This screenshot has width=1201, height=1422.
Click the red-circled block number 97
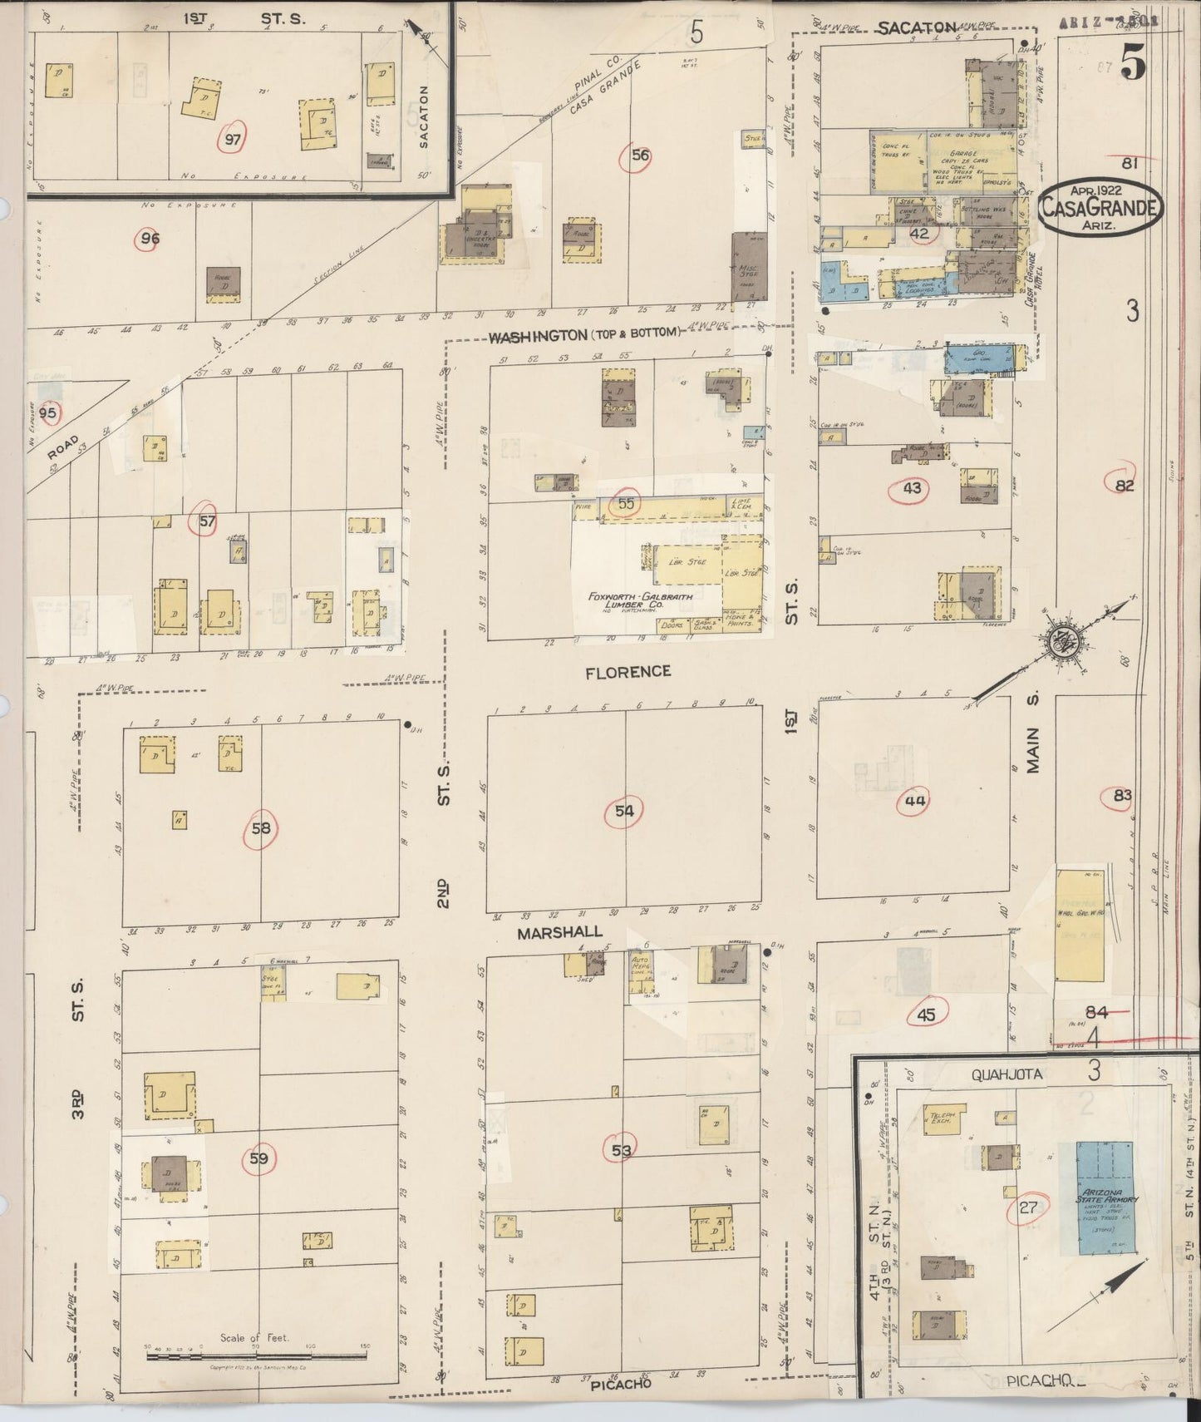[x=233, y=139]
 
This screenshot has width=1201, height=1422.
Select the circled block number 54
[x=624, y=812]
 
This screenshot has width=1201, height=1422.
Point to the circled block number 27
[x=1028, y=1207]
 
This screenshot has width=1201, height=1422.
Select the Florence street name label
[x=628, y=671]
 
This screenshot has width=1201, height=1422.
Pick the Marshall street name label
[x=559, y=933]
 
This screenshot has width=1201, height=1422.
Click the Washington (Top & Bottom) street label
[x=584, y=337]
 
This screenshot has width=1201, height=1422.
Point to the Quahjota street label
[x=1007, y=1074]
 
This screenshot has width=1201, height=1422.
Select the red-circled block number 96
[x=150, y=239]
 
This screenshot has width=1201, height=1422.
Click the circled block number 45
[x=926, y=1015]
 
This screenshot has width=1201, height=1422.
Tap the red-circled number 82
[x=1124, y=486]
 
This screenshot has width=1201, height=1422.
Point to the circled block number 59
[x=259, y=1158]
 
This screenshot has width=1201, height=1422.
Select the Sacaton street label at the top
[x=918, y=27]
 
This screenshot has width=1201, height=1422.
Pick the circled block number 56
[x=639, y=155]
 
